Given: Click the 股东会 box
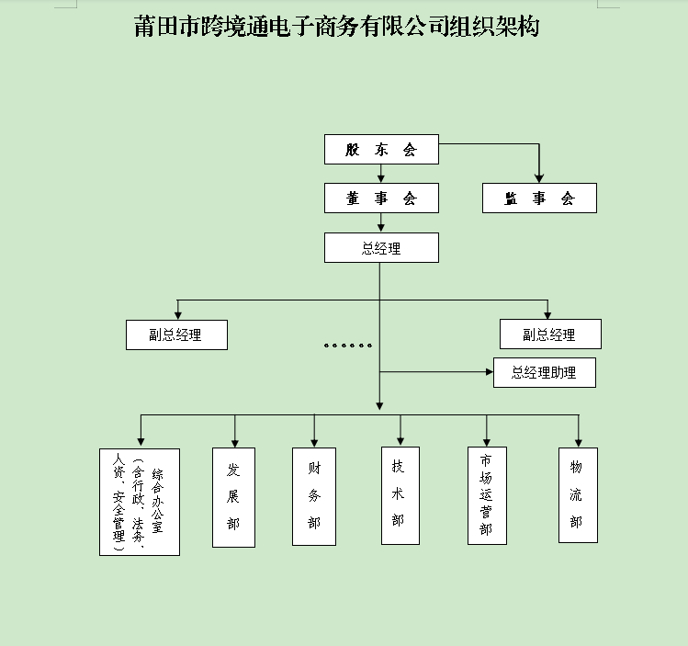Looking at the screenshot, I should [x=381, y=150].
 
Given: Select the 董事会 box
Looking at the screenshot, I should [x=381, y=198].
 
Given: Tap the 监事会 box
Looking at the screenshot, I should [x=539, y=198].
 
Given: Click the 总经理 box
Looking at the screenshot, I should [x=381, y=247].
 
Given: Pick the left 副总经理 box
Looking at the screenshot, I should [x=176, y=335].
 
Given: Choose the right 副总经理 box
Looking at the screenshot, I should [x=549, y=334].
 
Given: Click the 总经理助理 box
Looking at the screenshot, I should [x=544, y=372].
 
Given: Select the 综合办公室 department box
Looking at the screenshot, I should [x=140, y=502].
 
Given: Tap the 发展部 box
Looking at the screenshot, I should [x=233, y=497].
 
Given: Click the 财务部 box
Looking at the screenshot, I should [x=314, y=497].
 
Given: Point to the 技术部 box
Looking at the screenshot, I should [x=400, y=495].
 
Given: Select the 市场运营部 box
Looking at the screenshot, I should [x=487, y=496].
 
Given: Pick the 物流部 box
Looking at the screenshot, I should [x=578, y=495].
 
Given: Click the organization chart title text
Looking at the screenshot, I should [x=336, y=28].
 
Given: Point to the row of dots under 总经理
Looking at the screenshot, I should [x=347, y=346].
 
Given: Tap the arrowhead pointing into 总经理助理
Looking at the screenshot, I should [x=489, y=372].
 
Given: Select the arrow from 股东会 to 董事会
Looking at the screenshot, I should [x=381, y=174].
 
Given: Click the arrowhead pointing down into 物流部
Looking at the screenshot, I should [x=578, y=442].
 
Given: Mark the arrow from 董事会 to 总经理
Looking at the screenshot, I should [x=381, y=222].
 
